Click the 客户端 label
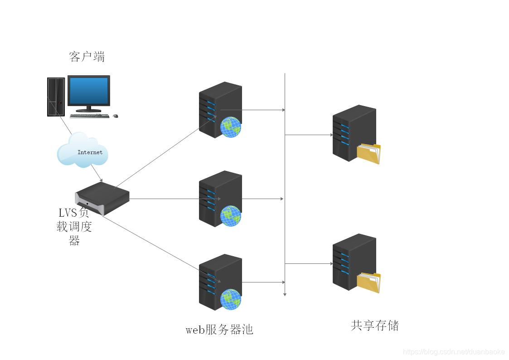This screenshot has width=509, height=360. tap(87, 57)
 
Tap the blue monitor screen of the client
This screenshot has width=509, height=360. tap(89, 91)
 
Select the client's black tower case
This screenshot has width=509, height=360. tap(56, 97)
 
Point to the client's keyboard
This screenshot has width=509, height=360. tap(89, 116)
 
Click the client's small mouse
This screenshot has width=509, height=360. tap(115, 116)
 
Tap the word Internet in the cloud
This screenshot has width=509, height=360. tap(90, 152)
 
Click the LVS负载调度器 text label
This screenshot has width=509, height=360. tap(74, 226)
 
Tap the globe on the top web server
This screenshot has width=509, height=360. tap(230, 127)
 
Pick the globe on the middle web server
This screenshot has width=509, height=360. tap(230, 216)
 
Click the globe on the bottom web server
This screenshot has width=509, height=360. tap(230, 299)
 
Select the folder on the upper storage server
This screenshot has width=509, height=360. tap(369, 154)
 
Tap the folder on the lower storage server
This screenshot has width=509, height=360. tap(369, 282)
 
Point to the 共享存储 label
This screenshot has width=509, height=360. tap(375, 326)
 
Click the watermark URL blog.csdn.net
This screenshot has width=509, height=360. tap(454, 352)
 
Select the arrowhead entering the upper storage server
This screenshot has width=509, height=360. tap(331, 135)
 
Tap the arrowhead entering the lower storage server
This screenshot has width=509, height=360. tap(331, 263)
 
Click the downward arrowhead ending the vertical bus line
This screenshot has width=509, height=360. tap(285, 294)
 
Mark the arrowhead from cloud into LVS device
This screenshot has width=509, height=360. tap(101, 180)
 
